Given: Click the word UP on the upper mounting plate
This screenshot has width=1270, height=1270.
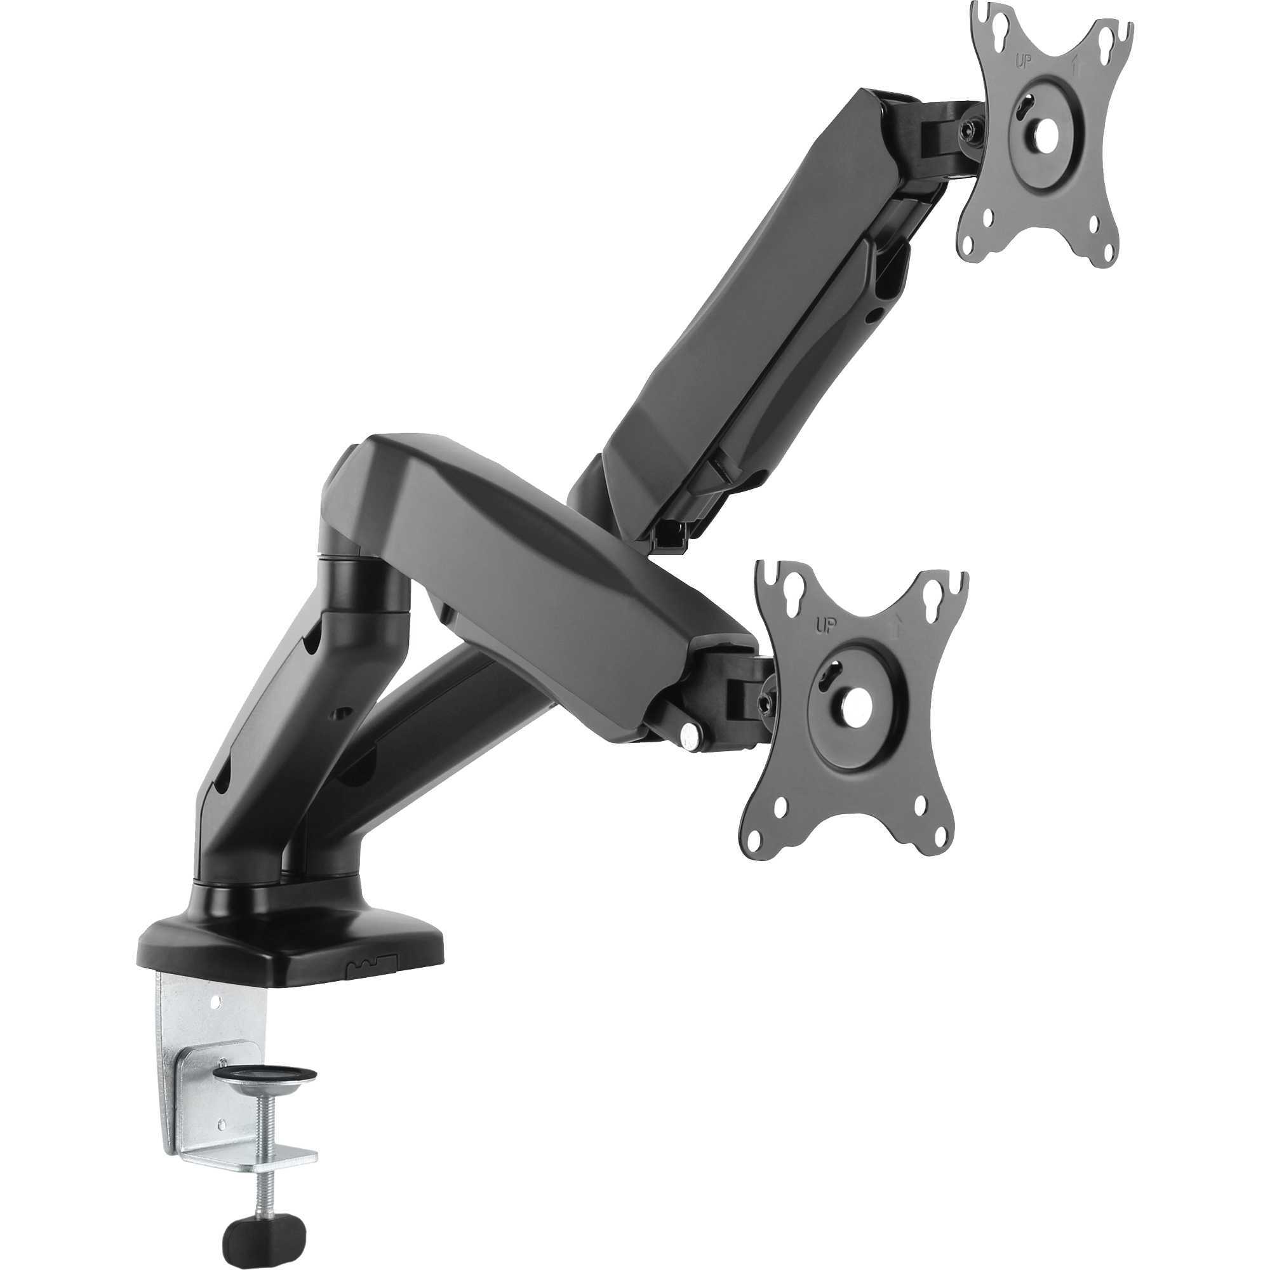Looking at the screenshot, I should pyautogui.click(x=1024, y=58).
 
